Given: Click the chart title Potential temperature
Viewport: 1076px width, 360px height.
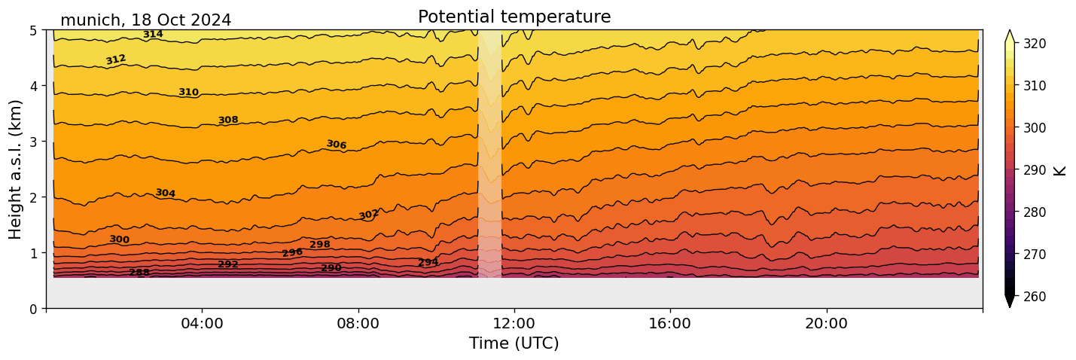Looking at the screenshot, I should coord(514,17).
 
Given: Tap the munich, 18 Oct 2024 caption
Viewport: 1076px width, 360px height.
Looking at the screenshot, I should coord(145,20).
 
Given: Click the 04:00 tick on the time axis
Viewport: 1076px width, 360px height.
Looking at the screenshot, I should coord(202,324).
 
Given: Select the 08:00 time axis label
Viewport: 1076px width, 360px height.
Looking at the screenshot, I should coord(358,324).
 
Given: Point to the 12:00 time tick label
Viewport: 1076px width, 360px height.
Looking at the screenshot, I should coord(514,324).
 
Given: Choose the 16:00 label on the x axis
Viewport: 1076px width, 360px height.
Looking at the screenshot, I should coord(670,324).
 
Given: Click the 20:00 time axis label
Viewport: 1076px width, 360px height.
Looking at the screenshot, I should coord(826,324).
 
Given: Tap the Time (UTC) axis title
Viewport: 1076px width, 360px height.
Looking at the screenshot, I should coord(514,343).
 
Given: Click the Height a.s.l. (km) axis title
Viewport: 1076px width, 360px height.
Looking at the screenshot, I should coord(16,169).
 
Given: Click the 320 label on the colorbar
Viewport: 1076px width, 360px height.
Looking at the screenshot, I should coord(1034,44).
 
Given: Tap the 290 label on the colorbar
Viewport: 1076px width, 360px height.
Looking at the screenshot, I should coord(1034,170).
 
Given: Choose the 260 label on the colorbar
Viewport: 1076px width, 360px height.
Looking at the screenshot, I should coord(1034,297).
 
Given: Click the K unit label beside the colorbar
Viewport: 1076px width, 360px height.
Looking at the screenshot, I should coord(1060,170).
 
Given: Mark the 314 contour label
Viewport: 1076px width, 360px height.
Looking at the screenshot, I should coord(153,35).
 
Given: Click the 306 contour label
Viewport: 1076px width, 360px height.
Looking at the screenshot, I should coord(336,145).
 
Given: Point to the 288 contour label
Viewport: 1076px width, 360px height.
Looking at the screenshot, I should coord(139,273).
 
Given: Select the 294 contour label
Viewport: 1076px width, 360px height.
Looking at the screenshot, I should coord(428,262).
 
